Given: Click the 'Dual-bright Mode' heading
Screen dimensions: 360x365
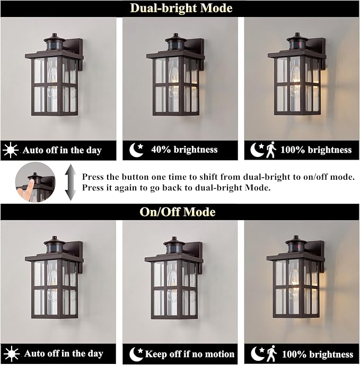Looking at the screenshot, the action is coord(181,8).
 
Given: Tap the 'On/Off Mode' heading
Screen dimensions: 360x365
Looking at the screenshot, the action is coord(178,212).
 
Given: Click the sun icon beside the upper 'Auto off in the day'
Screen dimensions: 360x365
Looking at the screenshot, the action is coord(11,150).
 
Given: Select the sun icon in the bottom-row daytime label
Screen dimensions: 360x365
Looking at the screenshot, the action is coord(12,354).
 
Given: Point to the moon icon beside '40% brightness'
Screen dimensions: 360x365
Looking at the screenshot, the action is coord(136,150).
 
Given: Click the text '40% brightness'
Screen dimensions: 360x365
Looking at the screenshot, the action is coord(185,150).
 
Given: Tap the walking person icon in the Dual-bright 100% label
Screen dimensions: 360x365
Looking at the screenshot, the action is coord(271,150).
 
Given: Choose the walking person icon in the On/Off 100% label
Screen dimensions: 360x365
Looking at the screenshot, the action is coord(271,353).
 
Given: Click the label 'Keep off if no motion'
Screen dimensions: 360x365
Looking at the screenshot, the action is coord(190,354).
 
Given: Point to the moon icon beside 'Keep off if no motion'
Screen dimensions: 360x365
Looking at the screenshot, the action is coord(136,354).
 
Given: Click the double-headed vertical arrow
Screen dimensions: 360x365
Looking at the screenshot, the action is coord(71,183).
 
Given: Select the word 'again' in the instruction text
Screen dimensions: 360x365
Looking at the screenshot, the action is coord(126,188).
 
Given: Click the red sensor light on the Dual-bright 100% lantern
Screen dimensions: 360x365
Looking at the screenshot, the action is coord(300,44).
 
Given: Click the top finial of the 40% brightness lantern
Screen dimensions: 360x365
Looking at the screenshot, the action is coord(175,36).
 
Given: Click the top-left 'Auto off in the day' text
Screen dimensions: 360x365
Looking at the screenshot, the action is coord(62,150).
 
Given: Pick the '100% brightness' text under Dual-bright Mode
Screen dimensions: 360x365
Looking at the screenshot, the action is coord(316,150).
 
